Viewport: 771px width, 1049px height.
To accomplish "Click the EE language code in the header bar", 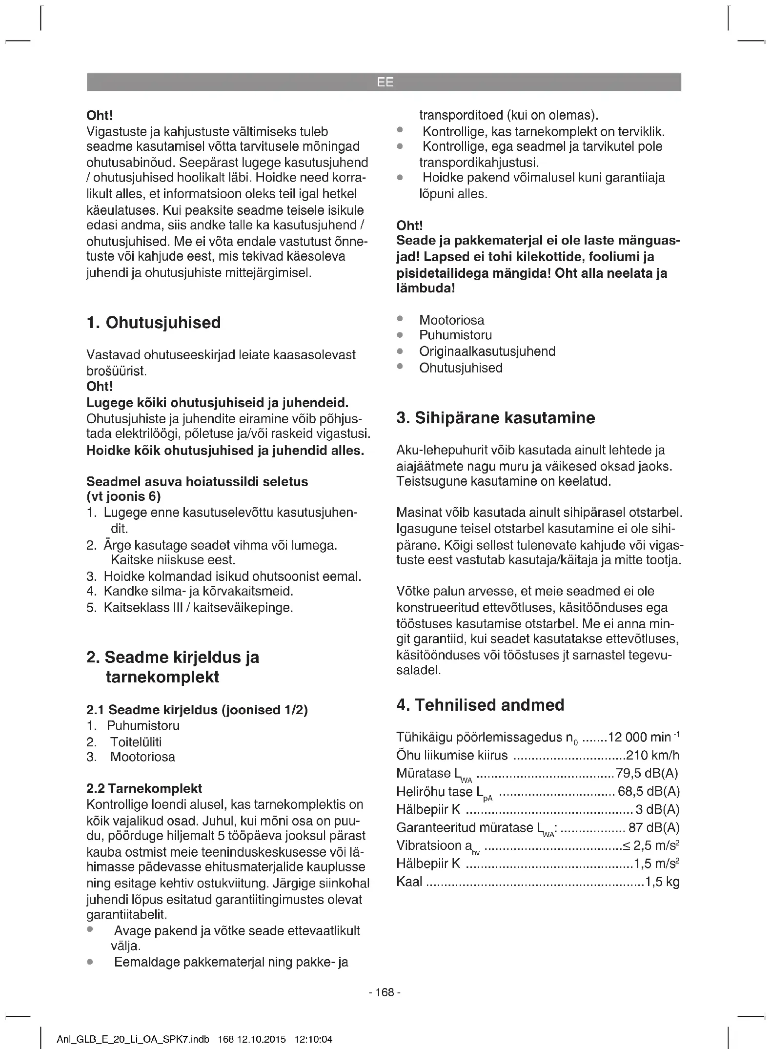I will click(385, 82).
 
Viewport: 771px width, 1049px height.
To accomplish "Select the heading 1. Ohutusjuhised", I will click(153, 323).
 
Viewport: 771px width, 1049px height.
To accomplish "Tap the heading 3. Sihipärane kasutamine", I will click(495, 418).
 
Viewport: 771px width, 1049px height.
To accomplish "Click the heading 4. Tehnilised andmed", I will click(480, 705).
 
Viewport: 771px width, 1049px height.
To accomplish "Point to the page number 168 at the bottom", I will click(385, 992).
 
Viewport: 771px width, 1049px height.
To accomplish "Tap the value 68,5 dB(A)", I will click(649, 791).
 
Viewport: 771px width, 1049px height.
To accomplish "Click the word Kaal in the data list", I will click(409, 882).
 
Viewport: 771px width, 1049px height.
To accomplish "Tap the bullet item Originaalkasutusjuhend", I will click(487, 351).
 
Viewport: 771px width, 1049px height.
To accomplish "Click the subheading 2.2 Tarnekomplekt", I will click(144, 788).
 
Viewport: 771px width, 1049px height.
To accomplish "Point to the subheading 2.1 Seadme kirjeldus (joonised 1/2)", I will click(197, 710).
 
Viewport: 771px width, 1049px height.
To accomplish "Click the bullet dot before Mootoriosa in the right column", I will click(400, 319).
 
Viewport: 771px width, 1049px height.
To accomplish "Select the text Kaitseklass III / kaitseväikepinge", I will click(198, 608).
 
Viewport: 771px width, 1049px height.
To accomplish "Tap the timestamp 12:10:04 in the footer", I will click(313, 1039).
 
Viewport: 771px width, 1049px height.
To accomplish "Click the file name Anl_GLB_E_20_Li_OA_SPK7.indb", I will click(133, 1039).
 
